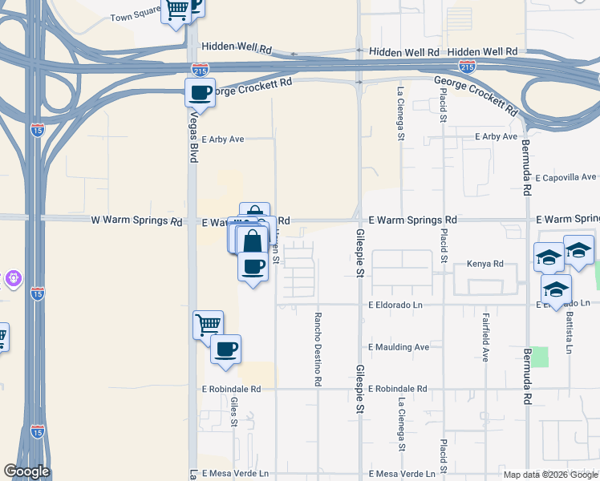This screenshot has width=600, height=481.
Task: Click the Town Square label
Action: [132, 17]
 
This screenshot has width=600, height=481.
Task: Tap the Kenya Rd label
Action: [484, 264]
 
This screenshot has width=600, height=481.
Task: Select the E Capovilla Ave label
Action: [566, 177]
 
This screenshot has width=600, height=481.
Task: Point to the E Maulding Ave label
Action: [399, 347]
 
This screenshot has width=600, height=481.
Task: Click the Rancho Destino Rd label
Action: [318, 350]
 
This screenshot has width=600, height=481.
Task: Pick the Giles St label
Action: [234, 412]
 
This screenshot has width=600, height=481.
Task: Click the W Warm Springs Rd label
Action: [137, 220]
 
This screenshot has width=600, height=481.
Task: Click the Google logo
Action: [26, 471]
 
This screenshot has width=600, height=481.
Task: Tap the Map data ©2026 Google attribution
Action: [550, 475]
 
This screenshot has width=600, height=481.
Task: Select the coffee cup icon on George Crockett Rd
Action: [200, 93]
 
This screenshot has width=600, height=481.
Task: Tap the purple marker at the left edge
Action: [13, 279]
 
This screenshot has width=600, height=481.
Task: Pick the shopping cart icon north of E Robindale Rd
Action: [208, 325]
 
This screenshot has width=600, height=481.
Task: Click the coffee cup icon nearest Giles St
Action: [225, 350]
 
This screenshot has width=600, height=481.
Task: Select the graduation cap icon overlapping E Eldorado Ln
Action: [556, 289]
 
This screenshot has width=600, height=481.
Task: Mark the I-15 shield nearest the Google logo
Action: [37, 430]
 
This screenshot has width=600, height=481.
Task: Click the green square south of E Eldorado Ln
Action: [539, 357]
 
